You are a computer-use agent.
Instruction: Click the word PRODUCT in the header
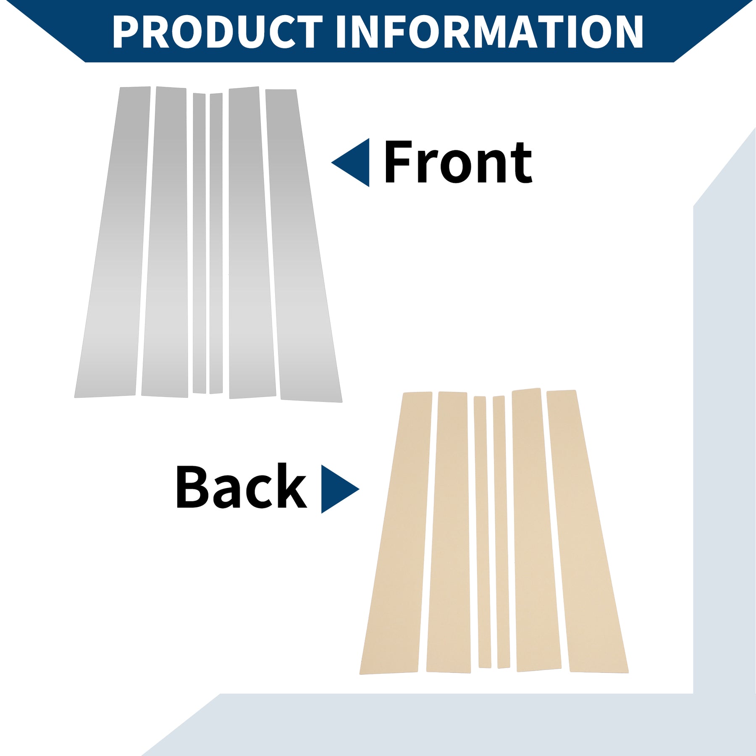[218, 31]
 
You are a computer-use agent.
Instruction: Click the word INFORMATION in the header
[490, 31]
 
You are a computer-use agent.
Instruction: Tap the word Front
[458, 162]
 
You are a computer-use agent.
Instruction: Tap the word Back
[241, 486]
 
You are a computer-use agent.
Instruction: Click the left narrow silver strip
[199, 244]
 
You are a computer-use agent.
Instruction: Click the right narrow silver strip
[216, 244]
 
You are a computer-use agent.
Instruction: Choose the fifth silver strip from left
[252, 242]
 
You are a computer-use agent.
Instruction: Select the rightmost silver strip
[303, 246]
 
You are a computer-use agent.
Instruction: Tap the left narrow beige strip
[482, 532]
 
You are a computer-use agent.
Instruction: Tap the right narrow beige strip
[501, 532]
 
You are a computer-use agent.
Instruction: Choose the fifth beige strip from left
[536, 530]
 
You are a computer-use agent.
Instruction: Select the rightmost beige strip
[587, 531]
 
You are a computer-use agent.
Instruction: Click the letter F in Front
[399, 162]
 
